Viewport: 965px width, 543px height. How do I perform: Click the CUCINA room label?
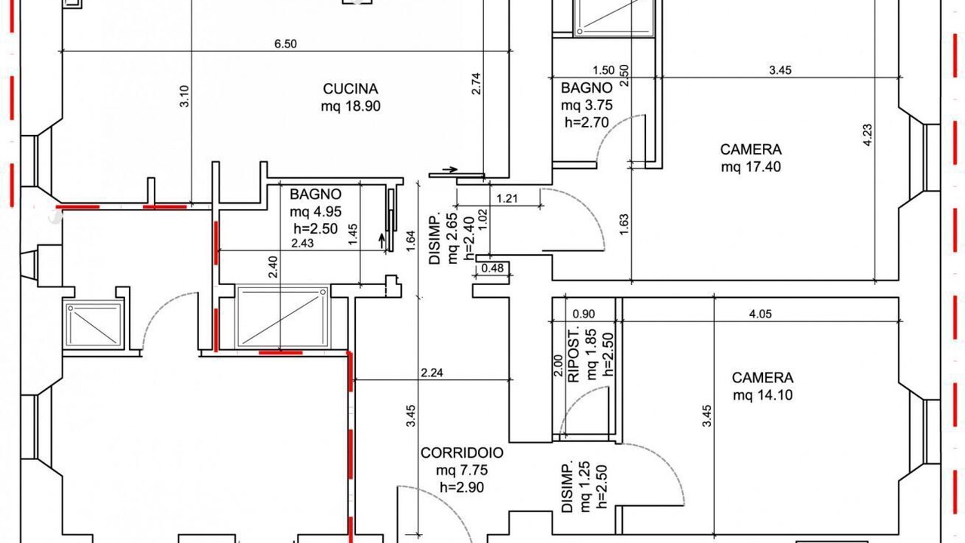click(351, 89)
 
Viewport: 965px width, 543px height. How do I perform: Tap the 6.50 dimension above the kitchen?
click(285, 44)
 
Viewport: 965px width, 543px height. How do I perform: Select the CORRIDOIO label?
click(462, 453)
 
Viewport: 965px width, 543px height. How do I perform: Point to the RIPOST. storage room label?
click(574, 355)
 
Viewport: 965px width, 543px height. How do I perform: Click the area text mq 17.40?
click(751, 167)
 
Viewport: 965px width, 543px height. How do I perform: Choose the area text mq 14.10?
click(762, 395)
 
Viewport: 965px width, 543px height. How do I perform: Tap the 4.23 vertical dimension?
click(868, 135)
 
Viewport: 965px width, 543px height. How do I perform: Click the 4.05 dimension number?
click(761, 314)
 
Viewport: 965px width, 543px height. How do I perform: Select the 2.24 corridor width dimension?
click(432, 373)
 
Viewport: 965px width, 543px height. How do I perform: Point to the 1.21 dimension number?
click(507, 198)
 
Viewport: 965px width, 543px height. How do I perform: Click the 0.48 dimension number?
click(492, 268)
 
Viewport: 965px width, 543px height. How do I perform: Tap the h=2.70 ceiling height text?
click(587, 123)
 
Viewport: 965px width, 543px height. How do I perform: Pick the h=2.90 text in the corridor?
click(462, 487)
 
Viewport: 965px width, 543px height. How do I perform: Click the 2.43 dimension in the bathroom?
click(302, 244)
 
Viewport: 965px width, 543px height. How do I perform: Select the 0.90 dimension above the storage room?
click(584, 314)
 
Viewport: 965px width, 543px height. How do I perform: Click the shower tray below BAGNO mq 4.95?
click(283, 317)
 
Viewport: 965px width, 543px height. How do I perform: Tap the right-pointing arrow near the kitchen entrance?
click(450, 170)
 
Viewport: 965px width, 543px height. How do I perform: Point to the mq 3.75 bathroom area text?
click(587, 106)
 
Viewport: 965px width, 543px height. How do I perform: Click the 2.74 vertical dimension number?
click(476, 84)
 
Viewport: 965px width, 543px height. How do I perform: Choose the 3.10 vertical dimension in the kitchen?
click(184, 97)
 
